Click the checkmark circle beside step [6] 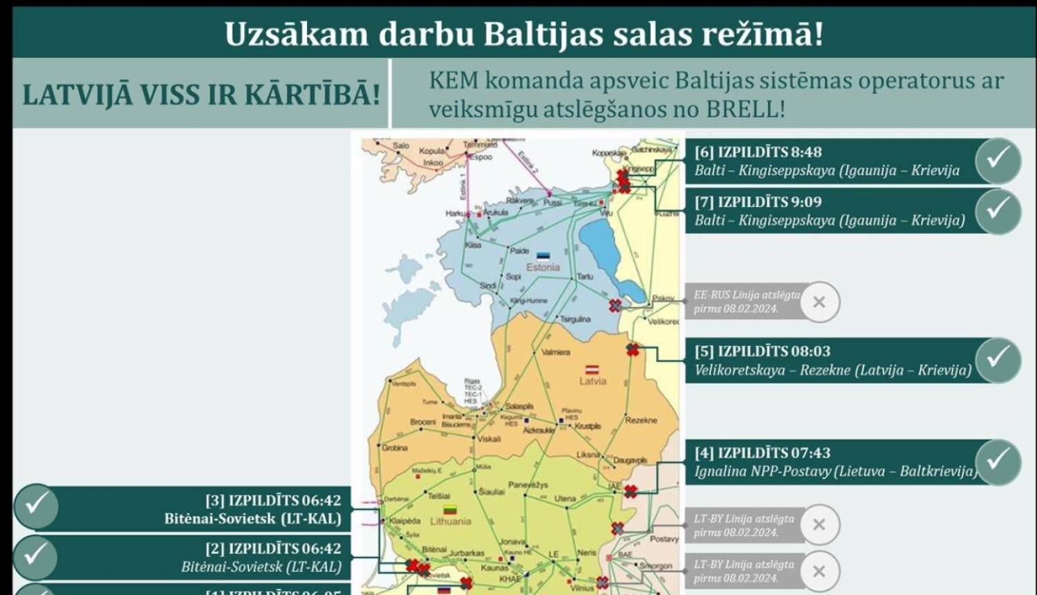998,161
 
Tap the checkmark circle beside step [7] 998,210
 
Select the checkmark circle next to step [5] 998,360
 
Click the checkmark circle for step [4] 998,461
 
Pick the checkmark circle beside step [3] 36,506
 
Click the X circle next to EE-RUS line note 819,302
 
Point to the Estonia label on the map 543,267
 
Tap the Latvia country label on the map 592,381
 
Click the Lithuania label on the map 451,522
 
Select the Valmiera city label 556,352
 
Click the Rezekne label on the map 641,421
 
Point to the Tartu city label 585,277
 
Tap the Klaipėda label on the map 404,521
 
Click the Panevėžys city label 528,486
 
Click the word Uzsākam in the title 296,34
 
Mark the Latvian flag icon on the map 592,370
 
